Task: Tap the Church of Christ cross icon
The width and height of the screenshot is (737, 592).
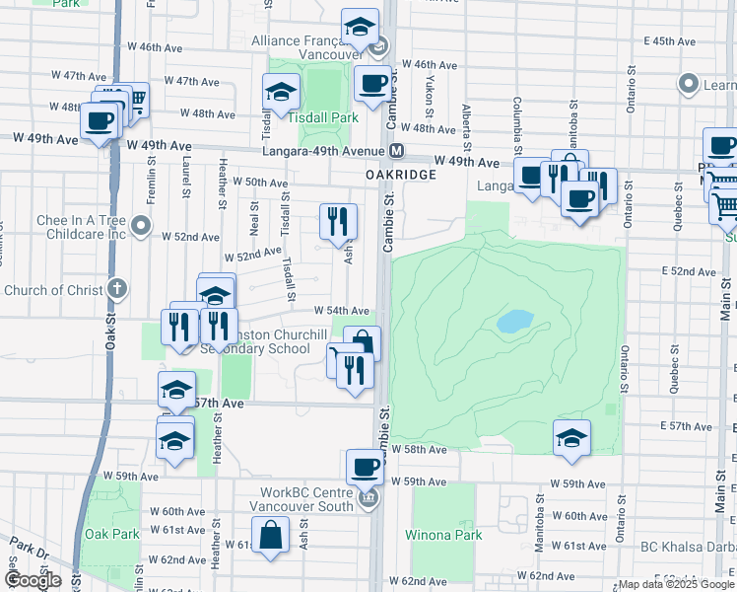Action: (x=116, y=289)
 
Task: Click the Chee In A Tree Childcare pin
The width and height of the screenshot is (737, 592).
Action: (x=141, y=228)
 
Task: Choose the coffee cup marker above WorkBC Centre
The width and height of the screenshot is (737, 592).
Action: (x=364, y=466)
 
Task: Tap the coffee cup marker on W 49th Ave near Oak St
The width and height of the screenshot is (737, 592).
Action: (x=100, y=121)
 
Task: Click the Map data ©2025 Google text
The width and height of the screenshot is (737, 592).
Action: (x=676, y=584)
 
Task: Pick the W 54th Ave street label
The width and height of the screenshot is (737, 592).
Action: (x=341, y=311)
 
